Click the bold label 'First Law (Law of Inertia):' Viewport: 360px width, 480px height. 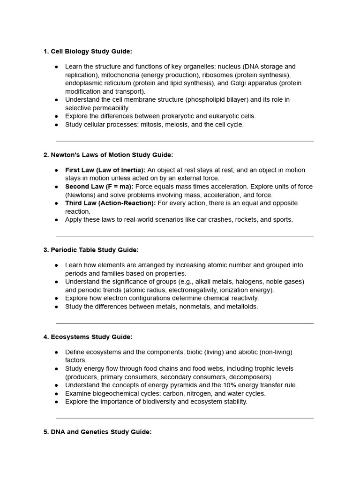click(x=105, y=170)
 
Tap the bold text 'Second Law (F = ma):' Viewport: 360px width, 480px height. click(x=99, y=187)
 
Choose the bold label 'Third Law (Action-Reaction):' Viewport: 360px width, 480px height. click(x=110, y=203)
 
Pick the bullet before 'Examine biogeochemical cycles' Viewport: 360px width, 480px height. click(x=56, y=394)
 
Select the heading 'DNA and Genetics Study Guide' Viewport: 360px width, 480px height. click(x=97, y=432)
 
